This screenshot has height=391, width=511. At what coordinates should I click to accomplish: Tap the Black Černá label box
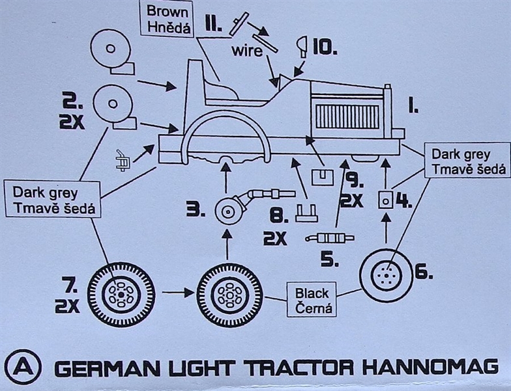pos(312,300)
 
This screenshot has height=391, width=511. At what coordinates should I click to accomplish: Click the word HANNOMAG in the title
pos(435,368)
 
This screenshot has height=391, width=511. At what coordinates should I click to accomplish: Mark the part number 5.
pos(330,260)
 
